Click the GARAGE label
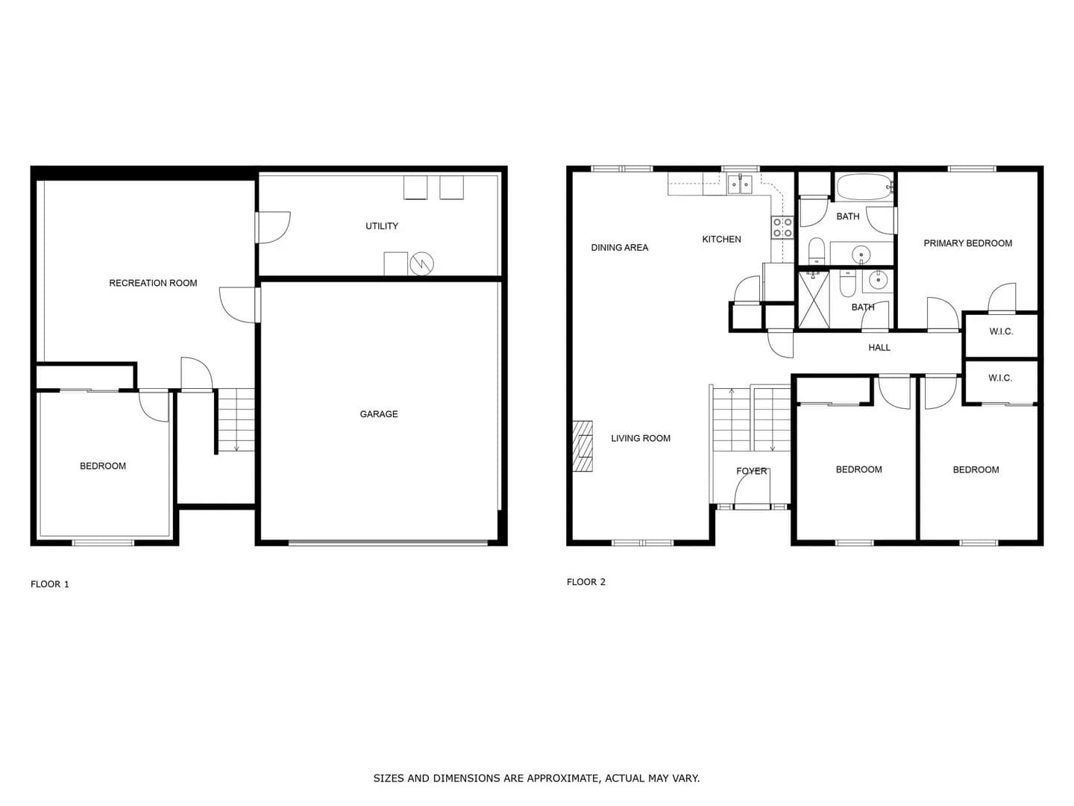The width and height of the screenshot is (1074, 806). (379, 414)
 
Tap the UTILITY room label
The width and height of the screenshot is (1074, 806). (382, 226)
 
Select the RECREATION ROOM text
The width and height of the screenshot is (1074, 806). (153, 283)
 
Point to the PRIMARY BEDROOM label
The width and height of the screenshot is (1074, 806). (967, 243)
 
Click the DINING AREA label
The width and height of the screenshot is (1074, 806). (620, 248)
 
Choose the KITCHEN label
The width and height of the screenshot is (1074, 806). (721, 240)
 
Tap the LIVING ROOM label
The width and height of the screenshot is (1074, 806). (641, 439)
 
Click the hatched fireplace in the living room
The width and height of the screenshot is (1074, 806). (582, 446)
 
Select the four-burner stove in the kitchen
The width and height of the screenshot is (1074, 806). (782, 227)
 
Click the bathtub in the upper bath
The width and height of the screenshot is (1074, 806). (865, 187)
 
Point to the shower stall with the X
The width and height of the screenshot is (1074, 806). (814, 299)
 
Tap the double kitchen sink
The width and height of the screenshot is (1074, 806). (739, 185)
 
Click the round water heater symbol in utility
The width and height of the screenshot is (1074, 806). (421, 264)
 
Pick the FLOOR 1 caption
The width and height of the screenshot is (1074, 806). (50, 584)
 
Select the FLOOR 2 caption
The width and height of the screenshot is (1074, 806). (585, 582)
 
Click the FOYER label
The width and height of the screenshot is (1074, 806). (752, 471)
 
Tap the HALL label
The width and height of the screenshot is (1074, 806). (879, 348)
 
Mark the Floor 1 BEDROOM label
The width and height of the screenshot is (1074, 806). (103, 466)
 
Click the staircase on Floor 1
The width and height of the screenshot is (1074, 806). (236, 420)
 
